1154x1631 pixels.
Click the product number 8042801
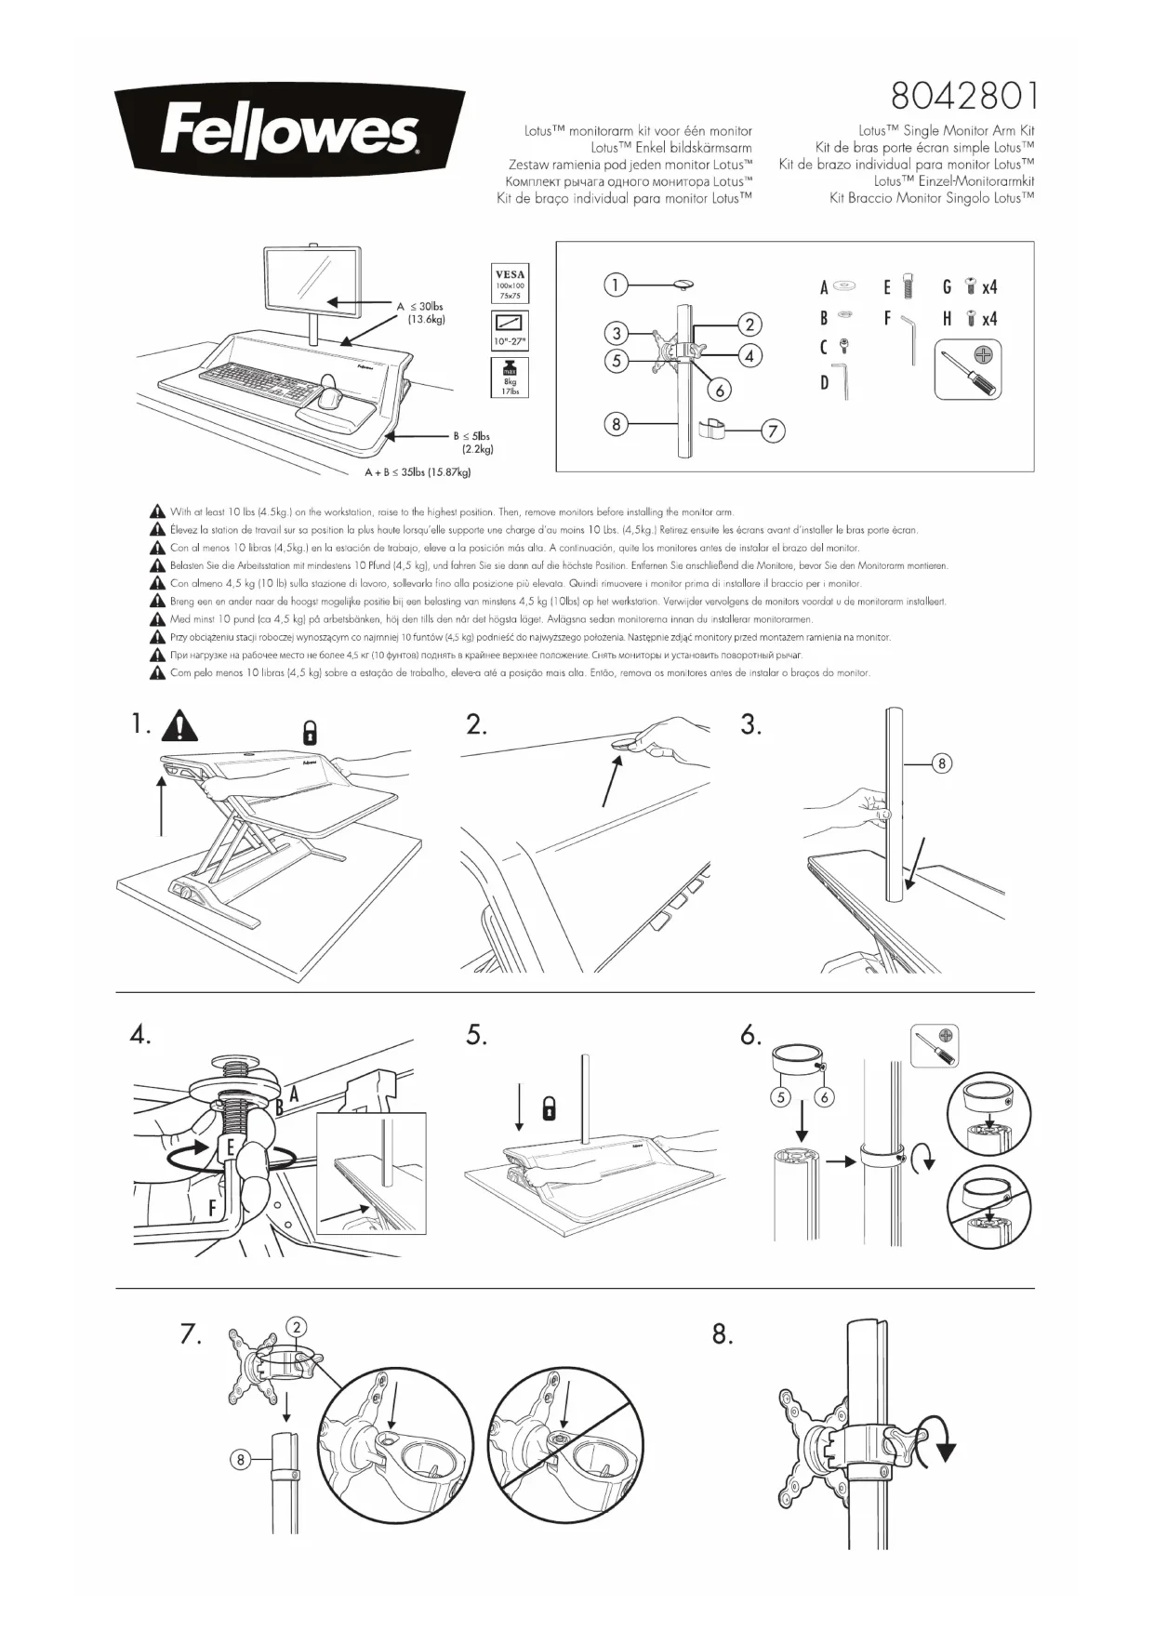click(x=962, y=96)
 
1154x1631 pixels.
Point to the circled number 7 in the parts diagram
click(x=773, y=431)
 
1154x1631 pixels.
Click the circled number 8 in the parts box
click(x=616, y=425)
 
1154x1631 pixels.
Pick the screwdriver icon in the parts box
click(x=968, y=369)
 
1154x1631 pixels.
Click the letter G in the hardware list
click(x=947, y=287)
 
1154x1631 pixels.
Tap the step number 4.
click(x=140, y=1035)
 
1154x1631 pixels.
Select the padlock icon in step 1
click(x=311, y=732)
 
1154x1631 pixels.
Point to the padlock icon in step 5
click(x=550, y=1108)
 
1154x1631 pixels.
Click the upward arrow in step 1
click(x=162, y=807)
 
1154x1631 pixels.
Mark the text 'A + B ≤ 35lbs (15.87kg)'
click(x=418, y=472)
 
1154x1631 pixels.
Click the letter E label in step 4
click(x=230, y=1147)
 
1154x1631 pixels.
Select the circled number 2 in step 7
click(x=296, y=1327)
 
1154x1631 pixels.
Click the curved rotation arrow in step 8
click(x=940, y=1446)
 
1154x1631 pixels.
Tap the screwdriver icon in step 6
click(x=935, y=1047)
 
